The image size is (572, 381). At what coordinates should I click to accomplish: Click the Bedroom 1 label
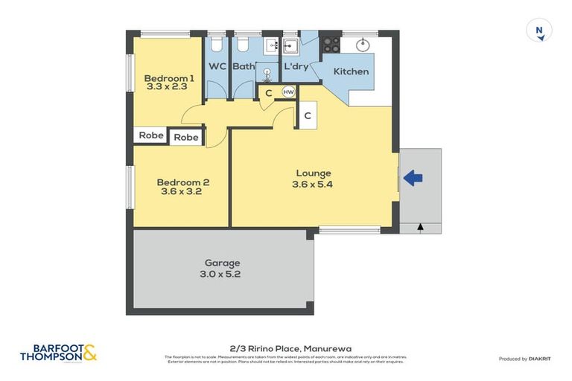click(169, 78)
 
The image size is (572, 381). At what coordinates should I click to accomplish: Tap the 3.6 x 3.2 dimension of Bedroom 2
click(181, 191)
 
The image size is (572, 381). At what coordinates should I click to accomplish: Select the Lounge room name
click(312, 173)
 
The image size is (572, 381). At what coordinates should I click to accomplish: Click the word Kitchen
click(351, 71)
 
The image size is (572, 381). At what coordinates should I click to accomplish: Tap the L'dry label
click(296, 66)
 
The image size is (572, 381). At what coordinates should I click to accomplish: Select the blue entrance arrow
click(413, 178)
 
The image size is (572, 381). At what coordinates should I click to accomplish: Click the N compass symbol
click(538, 31)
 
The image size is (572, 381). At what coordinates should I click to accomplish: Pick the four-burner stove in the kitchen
click(331, 45)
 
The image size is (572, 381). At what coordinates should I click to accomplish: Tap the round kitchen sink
click(364, 44)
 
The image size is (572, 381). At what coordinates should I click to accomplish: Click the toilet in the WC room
click(217, 44)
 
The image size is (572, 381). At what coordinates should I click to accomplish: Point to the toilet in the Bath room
click(242, 45)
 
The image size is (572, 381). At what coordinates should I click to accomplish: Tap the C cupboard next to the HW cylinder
click(268, 93)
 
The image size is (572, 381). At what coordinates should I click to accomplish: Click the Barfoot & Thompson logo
click(59, 352)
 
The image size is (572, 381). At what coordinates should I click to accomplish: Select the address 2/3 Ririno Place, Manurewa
click(286, 348)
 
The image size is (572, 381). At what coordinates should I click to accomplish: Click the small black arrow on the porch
click(420, 227)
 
